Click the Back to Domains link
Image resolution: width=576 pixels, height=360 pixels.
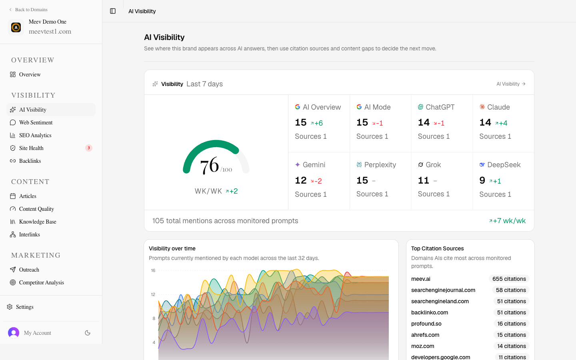point(28,10)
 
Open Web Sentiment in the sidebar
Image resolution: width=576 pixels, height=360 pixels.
point(36,122)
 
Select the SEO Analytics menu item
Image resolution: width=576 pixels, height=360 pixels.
point(35,135)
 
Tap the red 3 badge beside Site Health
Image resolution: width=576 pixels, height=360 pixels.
point(89,148)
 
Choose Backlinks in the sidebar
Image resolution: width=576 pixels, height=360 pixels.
point(30,161)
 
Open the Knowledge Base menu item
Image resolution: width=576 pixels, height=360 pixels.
point(38,222)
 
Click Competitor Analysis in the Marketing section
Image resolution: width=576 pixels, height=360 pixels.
point(42,282)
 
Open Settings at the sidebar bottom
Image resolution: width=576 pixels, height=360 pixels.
point(24,307)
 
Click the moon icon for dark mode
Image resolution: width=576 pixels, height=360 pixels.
point(88,333)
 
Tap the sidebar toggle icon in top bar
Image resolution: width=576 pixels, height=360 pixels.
point(113,11)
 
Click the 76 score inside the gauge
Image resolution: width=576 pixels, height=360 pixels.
point(209,165)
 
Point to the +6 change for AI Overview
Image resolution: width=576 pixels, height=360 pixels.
point(316,123)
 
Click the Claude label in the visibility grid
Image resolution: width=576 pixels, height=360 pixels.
point(498,107)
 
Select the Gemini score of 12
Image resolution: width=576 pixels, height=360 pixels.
point(301,180)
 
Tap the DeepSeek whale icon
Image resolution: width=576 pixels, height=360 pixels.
point(482,164)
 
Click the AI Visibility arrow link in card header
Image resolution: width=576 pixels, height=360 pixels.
point(511,84)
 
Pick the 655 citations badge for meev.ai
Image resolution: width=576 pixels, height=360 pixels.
point(509,279)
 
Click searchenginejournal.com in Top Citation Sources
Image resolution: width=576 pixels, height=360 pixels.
point(443,290)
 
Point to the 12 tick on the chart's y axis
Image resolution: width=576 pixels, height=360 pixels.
point(153,294)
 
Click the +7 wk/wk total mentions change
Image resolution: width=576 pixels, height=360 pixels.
point(507,221)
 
